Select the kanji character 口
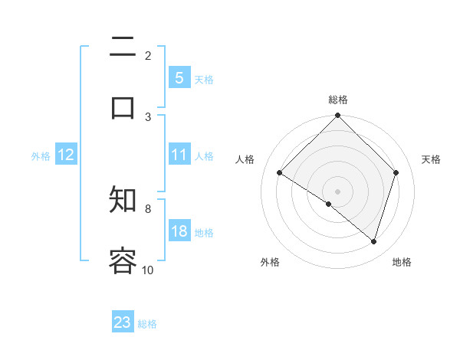point(123,107)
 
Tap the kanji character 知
point(123,201)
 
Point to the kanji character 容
point(123,260)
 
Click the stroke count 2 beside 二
point(148,56)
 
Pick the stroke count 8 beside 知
point(148,208)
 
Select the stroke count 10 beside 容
point(148,270)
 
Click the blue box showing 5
point(179,78)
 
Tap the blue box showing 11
point(179,155)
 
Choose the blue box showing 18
point(179,231)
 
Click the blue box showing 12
point(66,155)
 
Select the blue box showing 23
point(123,322)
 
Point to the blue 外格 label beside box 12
point(41,156)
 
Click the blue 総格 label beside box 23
point(147,324)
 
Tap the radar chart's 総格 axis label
point(338,100)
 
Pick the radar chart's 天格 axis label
point(431,159)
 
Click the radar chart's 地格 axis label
point(402,262)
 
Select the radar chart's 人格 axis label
point(245,159)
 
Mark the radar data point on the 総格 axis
point(338,116)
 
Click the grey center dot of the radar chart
point(338,191)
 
